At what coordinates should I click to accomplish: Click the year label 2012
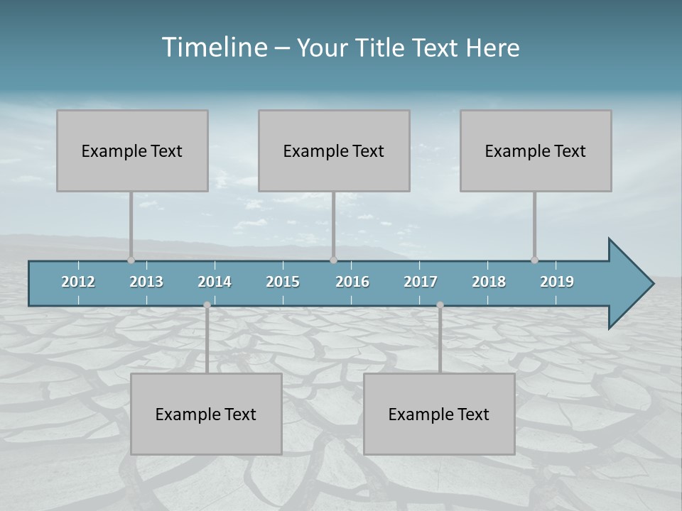(78, 282)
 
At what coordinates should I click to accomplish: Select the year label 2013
(146, 282)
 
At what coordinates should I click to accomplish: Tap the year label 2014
(215, 282)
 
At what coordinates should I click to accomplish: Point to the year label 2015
(283, 282)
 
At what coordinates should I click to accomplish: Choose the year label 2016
(352, 282)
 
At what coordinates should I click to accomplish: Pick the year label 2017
(421, 282)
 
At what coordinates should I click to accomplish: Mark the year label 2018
(489, 282)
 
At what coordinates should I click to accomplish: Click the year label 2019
(557, 282)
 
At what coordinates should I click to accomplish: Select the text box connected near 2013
(132, 150)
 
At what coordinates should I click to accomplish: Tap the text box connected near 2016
(334, 150)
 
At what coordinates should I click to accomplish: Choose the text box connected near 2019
(536, 150)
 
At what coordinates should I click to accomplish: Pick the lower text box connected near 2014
(206, 414)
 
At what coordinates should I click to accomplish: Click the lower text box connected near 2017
(439, 414)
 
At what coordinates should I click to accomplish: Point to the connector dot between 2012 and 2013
(131, 260)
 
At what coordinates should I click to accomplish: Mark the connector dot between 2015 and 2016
(333, 260)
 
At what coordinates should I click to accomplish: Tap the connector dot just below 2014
(207, 304)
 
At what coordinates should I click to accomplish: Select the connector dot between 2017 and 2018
(440, 304)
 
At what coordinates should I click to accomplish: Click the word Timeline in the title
(214, 48)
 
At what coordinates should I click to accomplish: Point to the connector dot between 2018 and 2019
(534, 260)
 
